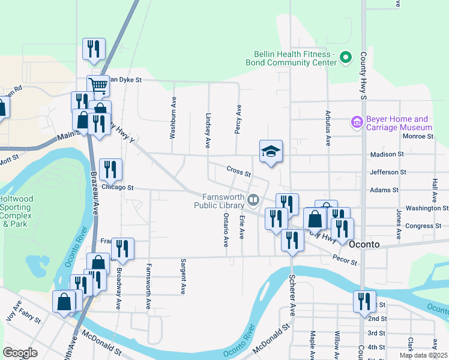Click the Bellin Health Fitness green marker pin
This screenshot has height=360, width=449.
[345, 58]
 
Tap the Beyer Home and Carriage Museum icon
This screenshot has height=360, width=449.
[357, 123]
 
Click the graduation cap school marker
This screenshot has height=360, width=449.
[271, 151]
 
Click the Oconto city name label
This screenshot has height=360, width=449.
[366, 244]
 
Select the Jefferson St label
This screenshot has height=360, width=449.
[388, 172]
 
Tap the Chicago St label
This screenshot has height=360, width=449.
[118, 187]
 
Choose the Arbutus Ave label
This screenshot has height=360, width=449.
[328, 131]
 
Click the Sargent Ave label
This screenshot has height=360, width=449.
[183, 277]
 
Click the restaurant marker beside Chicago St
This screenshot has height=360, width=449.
[110, 170]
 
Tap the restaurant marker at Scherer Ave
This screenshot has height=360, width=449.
[292, 241]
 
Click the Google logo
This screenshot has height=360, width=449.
[20, 353]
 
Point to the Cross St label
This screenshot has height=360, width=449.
[239, 172]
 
